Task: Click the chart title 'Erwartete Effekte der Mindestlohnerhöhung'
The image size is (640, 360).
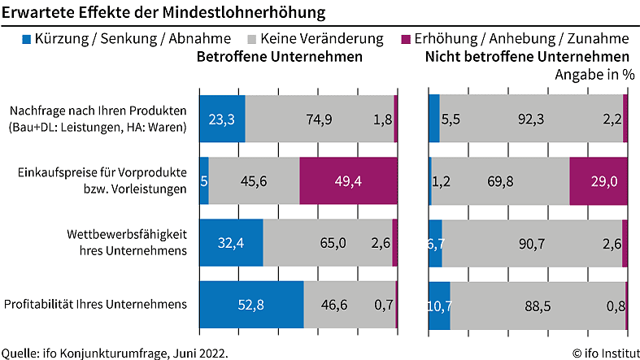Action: click(x=159, y=13)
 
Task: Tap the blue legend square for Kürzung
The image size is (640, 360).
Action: click(x=27, y=39)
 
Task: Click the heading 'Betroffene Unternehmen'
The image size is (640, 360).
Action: click(x=280, y=58)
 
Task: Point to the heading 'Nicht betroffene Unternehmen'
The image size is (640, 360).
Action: click(x=527, y=58)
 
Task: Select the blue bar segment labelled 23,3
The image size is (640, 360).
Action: click(x=222, y=119)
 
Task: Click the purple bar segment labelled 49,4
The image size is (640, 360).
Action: click(x=349, y=180)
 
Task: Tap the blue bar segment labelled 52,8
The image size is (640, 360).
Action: click(x=251, y=305)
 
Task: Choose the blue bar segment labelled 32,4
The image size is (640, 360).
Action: click(x=231, y=242)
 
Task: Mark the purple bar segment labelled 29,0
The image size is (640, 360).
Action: click(x=599, y=180)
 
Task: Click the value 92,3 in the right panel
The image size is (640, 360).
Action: click(x=532, y=119)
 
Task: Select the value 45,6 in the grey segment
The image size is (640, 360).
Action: click(x=254, y=180)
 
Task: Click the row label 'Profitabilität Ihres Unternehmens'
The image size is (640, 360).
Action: click(x=96, y=304)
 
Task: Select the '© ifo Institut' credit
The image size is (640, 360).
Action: click(x=603, y=352)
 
